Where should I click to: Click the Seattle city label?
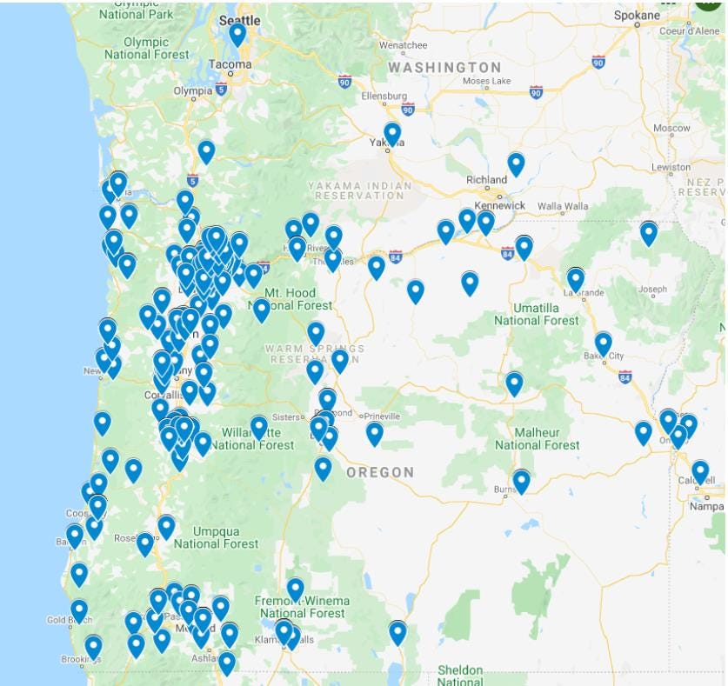[x=240, y=19]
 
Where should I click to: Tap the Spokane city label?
[x=637, y=15]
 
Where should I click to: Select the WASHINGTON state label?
[x=444, y=67]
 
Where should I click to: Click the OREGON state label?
[x=380, y=472]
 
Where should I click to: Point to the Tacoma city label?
[x=230, y=64]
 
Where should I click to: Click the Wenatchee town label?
[x=403, y=44]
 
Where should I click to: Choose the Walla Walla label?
[x=563, y=207]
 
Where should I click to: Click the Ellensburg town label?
[x=384, y=96]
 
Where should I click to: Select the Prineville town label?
[x=382, y=416]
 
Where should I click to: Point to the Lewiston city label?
[x=670, y=166]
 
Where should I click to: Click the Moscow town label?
[x=671, y=128]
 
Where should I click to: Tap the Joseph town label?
[x=652, y=290]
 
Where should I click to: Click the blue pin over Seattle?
[x=237, y=35]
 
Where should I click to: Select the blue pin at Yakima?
[x=392, y=133]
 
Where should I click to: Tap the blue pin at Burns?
[x=521, y=480]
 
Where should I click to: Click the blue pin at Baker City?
[x=603, y=343]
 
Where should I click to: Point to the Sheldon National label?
[x=460, y=675]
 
